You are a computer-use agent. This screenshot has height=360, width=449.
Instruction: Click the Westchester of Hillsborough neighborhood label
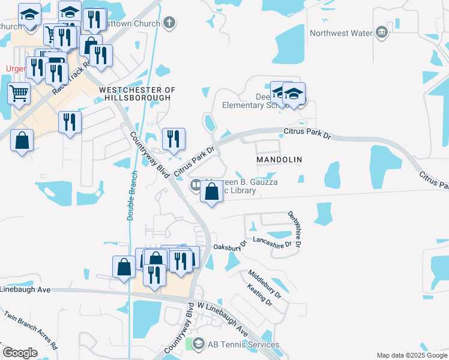coord(137,93)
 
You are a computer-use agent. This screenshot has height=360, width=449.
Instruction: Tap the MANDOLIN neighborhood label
coord(279,160)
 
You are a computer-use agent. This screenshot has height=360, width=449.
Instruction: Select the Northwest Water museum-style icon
coord(381,32)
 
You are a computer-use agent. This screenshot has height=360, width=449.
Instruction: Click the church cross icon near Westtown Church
coord(169,23)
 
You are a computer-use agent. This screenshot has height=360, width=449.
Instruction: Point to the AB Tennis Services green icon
coord(197,344)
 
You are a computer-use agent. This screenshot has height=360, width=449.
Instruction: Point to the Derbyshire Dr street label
coord(294,229)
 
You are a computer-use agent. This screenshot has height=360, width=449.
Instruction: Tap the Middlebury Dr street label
coord(265,284)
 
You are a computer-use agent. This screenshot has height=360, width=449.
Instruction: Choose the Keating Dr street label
coord(259,295)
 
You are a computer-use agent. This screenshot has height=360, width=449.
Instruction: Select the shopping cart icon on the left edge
coord(19,93)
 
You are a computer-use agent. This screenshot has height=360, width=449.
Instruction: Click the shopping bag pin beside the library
coord(212,193)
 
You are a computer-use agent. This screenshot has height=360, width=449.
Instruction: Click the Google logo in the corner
coord(20,353)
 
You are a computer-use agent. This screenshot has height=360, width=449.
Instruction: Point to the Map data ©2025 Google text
coord(411,355)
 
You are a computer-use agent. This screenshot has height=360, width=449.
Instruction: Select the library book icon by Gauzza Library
coord(196,185)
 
